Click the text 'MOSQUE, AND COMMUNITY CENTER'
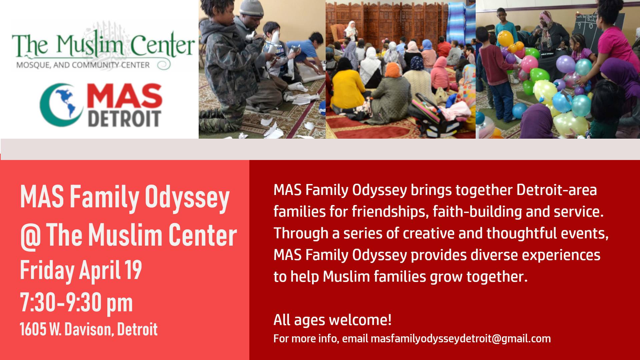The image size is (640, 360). pos(83,65)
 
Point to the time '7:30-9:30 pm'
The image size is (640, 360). pos(76,302)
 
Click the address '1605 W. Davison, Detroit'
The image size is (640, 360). pos(89,329)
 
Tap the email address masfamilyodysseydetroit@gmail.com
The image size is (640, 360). pos(461,339)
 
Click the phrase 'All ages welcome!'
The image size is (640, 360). pos(332,320)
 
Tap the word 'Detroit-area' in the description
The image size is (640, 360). pos(557,190)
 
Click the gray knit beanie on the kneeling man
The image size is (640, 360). pos(252,7)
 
